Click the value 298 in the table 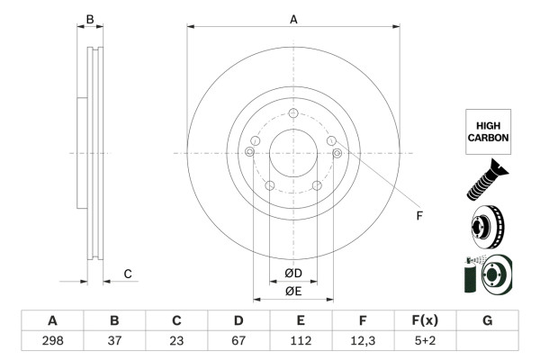tap(52, 341)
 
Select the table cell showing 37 tap(114, 341)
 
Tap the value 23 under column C tap(176, 341)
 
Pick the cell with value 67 tap(238, 341)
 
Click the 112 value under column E tap(301, 341)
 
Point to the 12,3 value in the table tap(363, 341)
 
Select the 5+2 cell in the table tap(425, 341)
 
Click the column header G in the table tap(487, 320)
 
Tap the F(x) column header tap(425, 320)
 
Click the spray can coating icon tap(487, 274)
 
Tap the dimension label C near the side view tap(128, 274)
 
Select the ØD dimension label tap(293, 273)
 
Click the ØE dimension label tap(293, 290)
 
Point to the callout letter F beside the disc tap(418, 216)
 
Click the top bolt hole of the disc tap(293, 113)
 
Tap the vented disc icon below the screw tap(487, 225)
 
